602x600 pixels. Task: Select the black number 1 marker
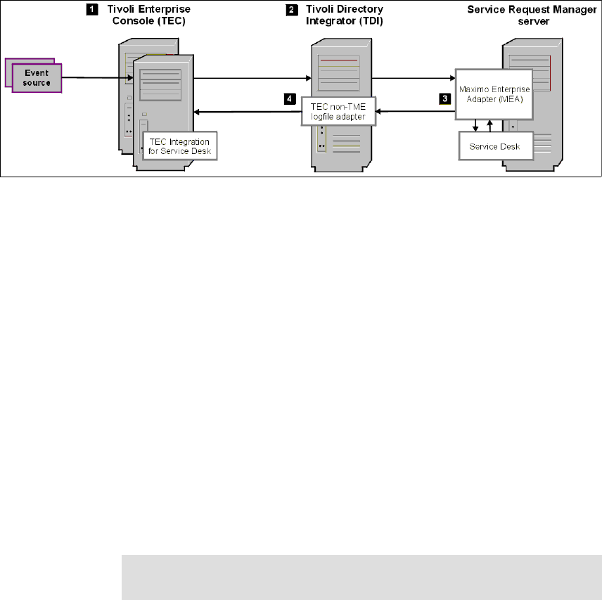tap(91, 11)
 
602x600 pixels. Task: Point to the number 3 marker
tap(445, 99)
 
